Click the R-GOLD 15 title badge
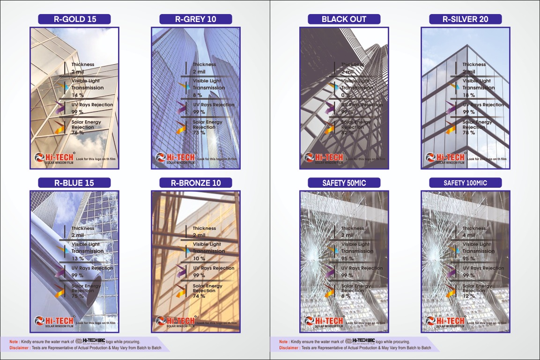click(74, 19)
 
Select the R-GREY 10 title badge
click(196, 19)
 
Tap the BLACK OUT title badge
click(344, 19)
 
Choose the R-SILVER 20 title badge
click(465, 19)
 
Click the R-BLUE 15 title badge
click(74, 183)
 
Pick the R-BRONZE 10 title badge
click(196, 183)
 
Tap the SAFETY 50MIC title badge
click(344, 183)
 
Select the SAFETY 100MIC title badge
click(465, 183)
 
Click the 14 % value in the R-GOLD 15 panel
click(77, 95)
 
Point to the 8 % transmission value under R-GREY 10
click(198, 95)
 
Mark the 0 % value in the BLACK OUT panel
click(346, 95)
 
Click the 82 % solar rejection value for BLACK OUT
click(347, 132)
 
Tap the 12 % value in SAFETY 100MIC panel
click(468, 296)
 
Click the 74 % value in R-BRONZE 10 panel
click(199, 296)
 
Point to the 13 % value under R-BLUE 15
click(77, 258)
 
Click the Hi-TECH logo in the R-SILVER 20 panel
click(445, 158)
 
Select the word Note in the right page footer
click(283, 342)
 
